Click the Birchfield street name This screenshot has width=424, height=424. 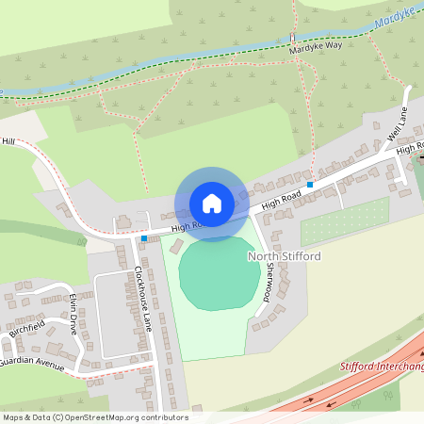(27, 334)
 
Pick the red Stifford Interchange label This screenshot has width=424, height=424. (382, 366)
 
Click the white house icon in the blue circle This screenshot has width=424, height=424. (211, 203)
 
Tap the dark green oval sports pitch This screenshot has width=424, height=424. (220, 274)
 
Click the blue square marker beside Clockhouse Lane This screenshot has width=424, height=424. (143, 239)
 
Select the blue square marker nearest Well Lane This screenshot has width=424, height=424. (309, 184)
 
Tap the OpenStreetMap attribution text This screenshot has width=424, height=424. (95, 416)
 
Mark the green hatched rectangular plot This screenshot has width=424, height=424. (345, 222)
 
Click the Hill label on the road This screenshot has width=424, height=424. (9, 141)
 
